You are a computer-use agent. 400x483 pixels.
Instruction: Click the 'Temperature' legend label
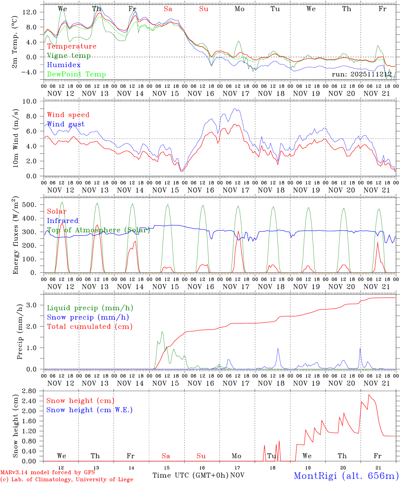71,46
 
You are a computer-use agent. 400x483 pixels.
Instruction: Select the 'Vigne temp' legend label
69,56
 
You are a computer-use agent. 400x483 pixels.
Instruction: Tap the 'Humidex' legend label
64,65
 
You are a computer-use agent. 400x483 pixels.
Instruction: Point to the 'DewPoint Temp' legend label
76,74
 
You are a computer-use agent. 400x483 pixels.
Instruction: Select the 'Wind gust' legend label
66,124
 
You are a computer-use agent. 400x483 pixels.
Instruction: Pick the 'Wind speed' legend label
68,115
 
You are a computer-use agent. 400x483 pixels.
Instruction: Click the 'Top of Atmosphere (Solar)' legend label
98,230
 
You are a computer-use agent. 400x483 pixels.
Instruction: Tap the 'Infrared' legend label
63,221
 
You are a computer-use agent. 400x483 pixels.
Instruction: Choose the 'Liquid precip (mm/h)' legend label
90,308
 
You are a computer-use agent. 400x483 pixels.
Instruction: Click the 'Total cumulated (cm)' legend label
89,327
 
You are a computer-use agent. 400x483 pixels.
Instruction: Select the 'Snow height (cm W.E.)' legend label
89,410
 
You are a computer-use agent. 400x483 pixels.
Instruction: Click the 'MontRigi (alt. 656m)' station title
346,476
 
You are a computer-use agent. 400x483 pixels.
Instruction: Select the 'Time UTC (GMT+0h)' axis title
190,475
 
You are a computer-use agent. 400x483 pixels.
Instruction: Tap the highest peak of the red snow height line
369,394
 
